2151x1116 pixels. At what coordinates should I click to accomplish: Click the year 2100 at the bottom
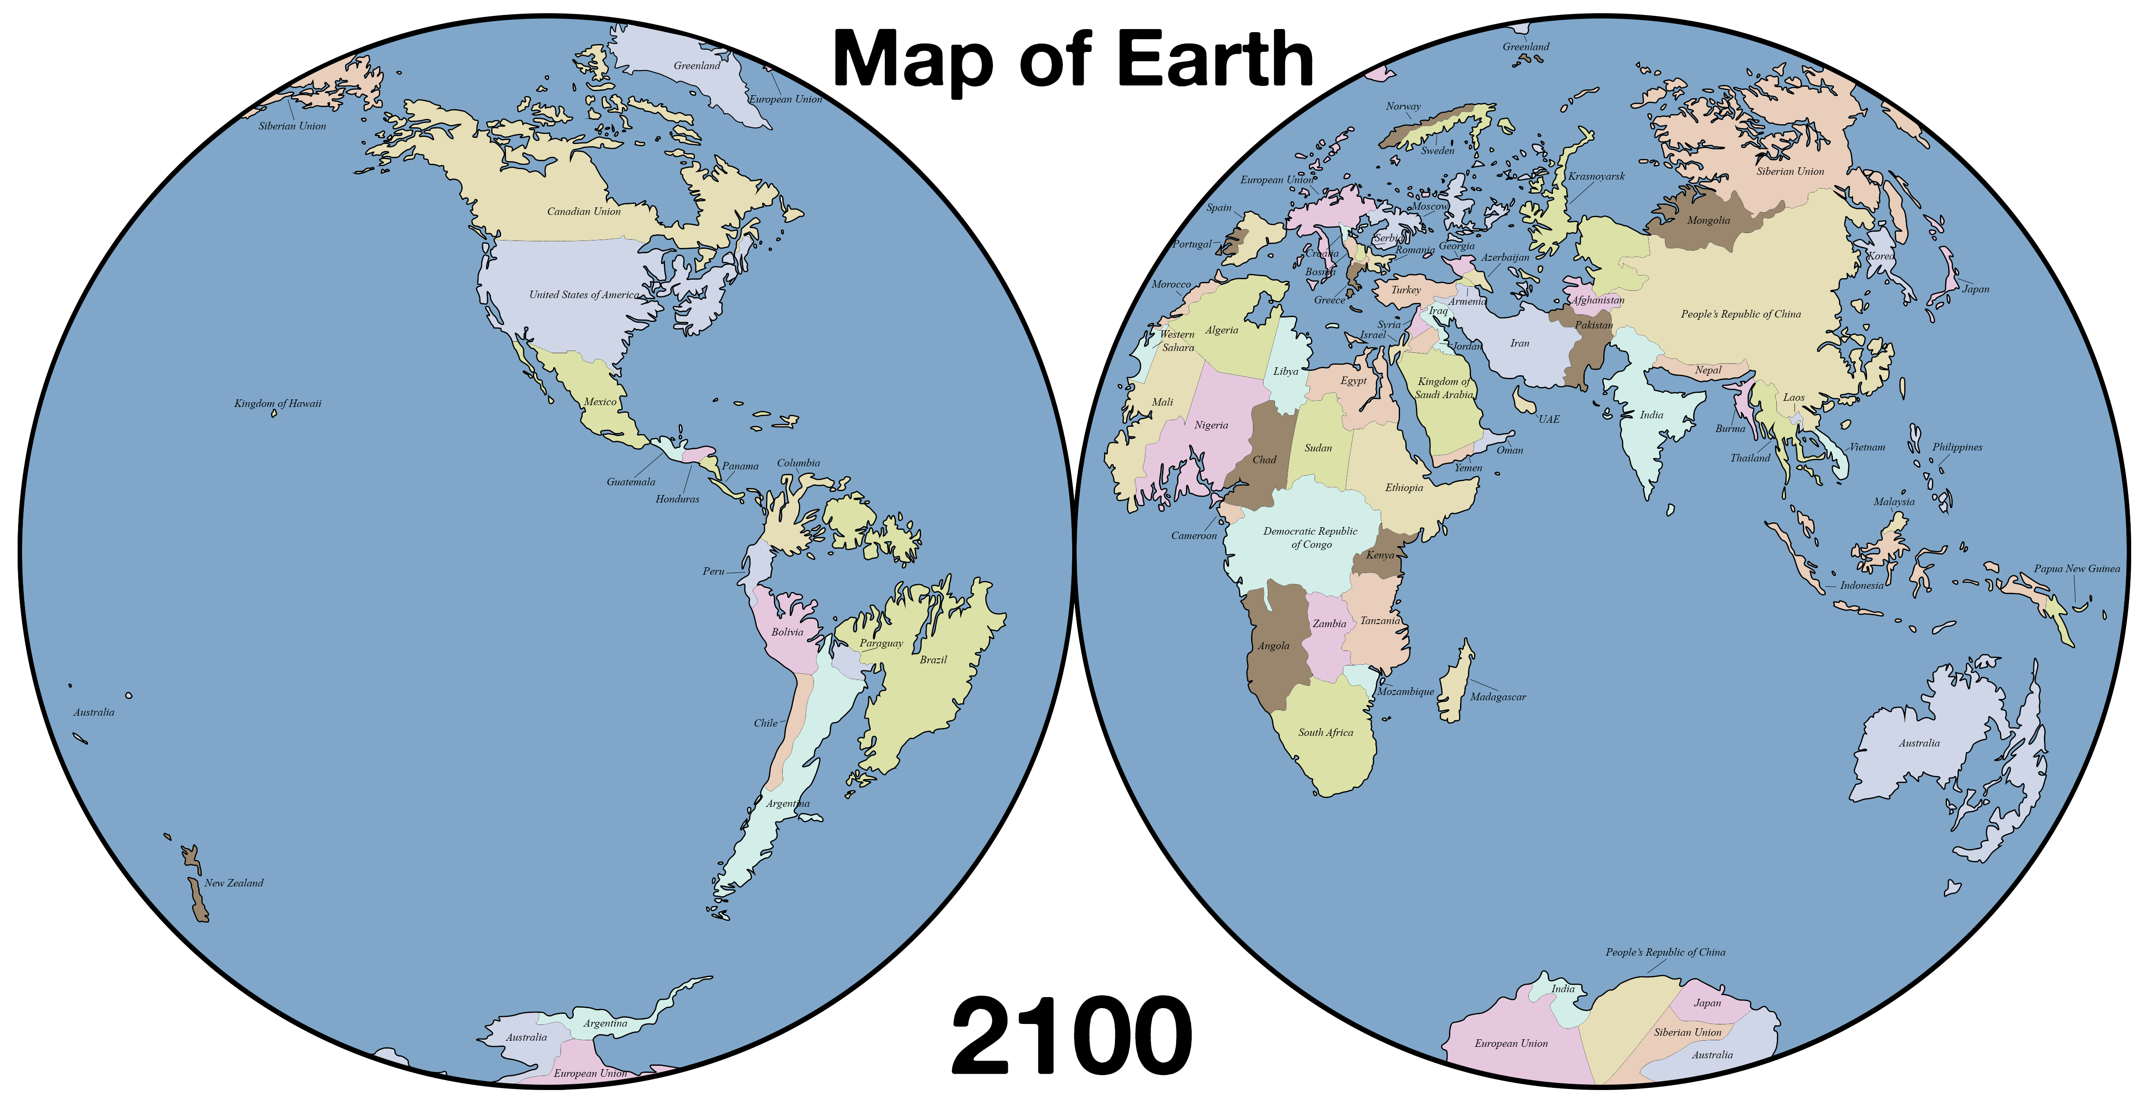[x=1071, y=1038]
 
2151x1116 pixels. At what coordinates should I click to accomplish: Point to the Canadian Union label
[x=583, y=212]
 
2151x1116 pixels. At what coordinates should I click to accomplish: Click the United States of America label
[x=583, y=295]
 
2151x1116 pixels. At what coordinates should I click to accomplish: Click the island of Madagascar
[x=1456, y=684]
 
